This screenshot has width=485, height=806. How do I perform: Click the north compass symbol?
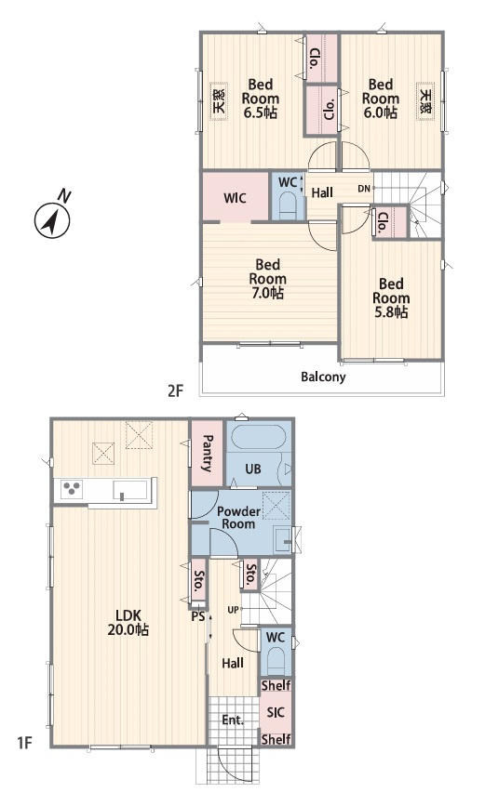(52, 219)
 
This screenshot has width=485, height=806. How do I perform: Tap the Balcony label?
(323, 377)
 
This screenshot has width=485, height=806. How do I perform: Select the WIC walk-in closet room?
(236, 197)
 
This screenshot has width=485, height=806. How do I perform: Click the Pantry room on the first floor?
(208, 453)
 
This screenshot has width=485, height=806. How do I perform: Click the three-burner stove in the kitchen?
(72, 489)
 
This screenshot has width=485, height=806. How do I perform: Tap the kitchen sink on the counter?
(130, 490)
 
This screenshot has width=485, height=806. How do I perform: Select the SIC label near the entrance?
(276, 712)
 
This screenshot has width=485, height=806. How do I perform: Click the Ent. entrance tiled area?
(234, 720)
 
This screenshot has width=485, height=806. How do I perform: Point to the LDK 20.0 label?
(128, 623)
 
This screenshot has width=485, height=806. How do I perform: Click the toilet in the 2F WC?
(286, 206)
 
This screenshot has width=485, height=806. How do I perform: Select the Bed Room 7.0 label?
(267, 279)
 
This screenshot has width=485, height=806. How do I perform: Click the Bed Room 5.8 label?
(391, 298)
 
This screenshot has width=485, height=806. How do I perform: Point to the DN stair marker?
(364, 189)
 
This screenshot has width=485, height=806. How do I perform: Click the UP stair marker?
(234, 610)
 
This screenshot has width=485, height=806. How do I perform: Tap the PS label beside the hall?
(198, 615)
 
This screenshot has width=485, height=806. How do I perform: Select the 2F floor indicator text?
(175, 391)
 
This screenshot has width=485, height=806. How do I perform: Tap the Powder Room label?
(238, 518)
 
